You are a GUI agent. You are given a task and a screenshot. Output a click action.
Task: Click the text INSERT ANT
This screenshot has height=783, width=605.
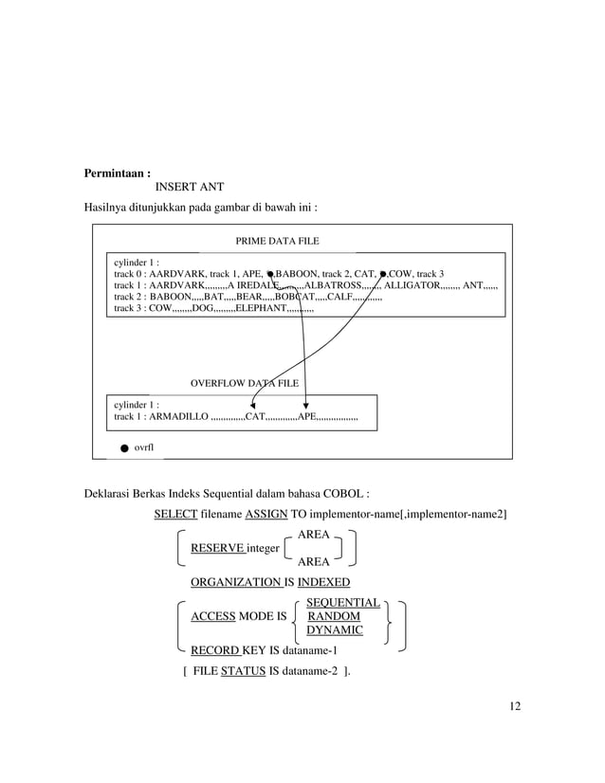[189, 188]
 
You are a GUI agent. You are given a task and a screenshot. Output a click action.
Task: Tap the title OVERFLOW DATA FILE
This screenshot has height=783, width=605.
[245, 384]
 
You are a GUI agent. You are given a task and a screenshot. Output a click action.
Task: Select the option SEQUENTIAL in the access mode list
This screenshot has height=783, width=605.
[343, 603]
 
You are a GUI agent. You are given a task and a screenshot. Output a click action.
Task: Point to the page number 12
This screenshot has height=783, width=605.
[513, 705]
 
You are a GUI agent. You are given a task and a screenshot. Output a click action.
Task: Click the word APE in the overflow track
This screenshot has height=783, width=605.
[307, 417]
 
